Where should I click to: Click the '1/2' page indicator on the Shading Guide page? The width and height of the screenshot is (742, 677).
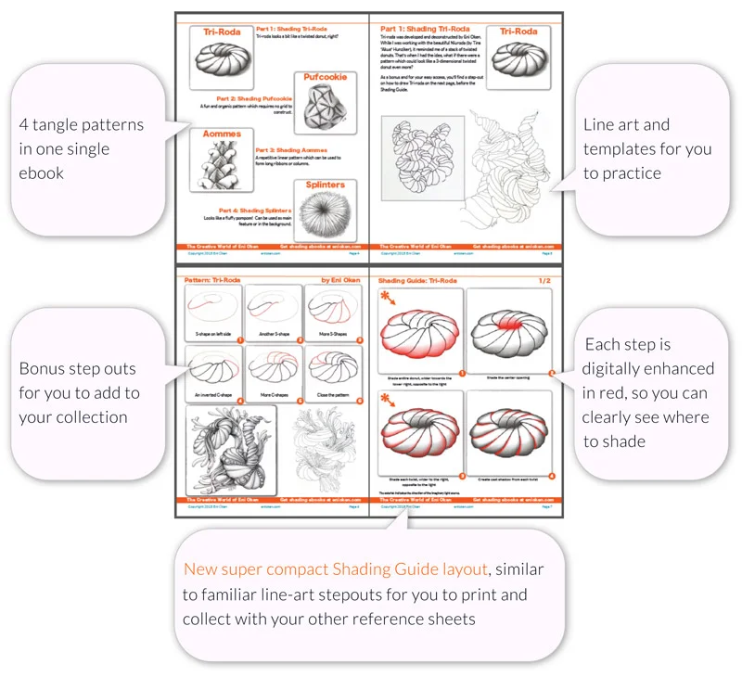coord(538,277)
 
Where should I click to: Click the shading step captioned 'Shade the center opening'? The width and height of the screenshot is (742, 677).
coord(509,329)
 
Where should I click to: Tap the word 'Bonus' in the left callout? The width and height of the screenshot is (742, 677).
coord(42,368)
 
